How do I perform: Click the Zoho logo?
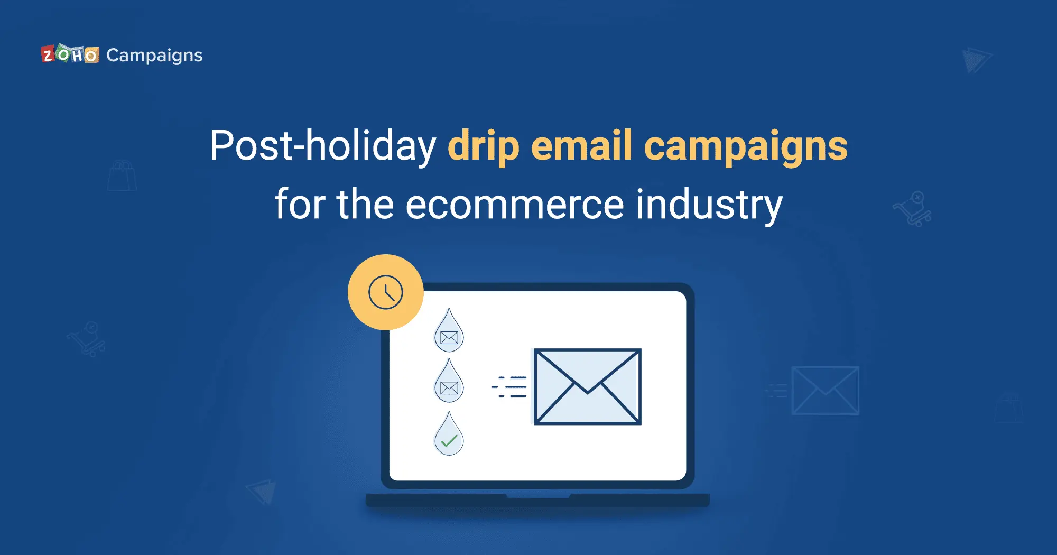[x=70, y=54]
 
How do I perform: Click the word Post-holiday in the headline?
[x=323, y=145]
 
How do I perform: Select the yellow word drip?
[x=484, y=146]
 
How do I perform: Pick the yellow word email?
[x=581, y=145]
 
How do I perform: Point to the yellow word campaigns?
[x=746, y=147]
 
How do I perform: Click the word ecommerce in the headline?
[x=515, y=205]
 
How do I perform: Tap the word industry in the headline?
[x=709, y=205]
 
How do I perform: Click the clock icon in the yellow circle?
[x=386, y=292]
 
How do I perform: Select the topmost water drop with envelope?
[x=449, y=331]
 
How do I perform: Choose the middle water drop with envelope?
[x=449, y=382]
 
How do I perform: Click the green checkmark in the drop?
[x=449, y=440]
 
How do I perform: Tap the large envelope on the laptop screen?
[x=587, y=386]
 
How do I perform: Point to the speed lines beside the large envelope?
[x=509, y=386]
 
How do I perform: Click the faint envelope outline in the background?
[x=825, y=391]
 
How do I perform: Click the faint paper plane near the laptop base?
[x=262, y=492]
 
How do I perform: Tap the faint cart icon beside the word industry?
[x=912, y=209]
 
